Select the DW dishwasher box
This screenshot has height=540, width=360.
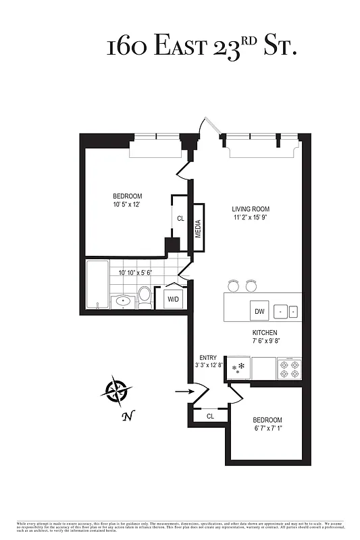click(x=259, y=311)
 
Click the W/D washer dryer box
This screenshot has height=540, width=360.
click(x=173, y=298)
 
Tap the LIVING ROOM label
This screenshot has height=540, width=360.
click(x=251, y=209)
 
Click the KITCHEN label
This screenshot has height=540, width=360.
click(x=265, y=333)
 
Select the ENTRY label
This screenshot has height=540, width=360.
click(x=207, y=358)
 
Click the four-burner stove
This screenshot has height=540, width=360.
click(x=289, y=369)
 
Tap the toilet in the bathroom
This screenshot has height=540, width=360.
click(x=145, y=295)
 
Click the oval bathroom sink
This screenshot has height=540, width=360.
click(x=122, y=301)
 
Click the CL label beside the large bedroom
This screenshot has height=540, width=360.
click(x=180, y=219)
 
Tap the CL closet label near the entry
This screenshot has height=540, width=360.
click(x=210, y=416)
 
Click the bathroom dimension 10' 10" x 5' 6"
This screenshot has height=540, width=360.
click(x=135, y=273)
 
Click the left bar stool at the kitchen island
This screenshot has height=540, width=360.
click(x=234, y=285)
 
